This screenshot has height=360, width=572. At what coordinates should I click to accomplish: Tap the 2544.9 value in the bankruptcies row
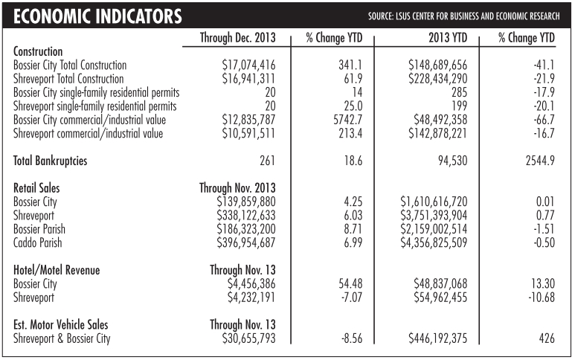(536, 160)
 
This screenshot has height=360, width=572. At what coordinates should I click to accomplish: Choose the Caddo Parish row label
(38, 242)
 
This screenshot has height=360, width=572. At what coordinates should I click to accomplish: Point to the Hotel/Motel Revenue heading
(57, 270)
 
